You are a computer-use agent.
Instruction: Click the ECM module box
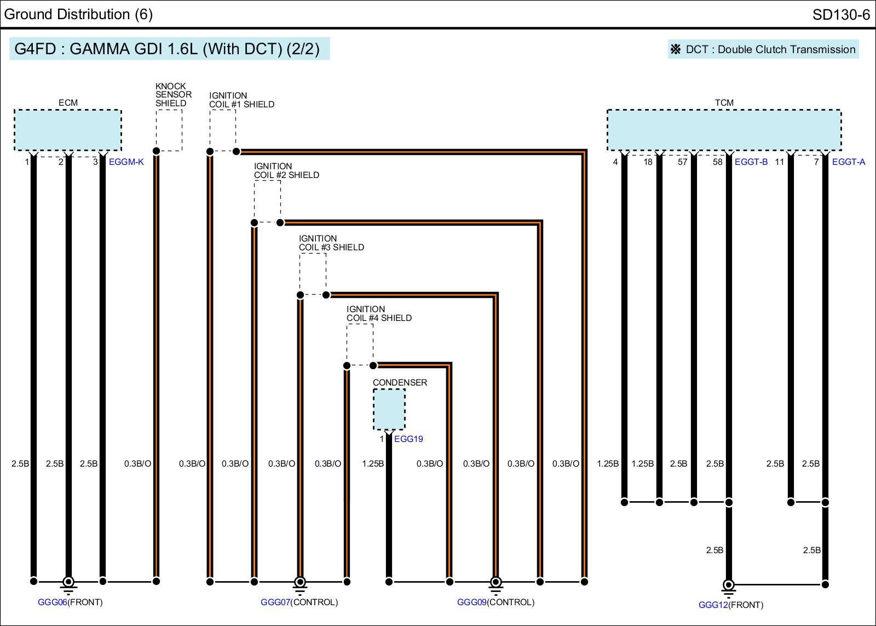tap(67, 130)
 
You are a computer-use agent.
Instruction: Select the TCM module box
tap(724, 130)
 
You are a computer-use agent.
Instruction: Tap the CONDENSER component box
tap(389, 409)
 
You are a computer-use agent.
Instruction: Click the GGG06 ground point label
tap(53, 602)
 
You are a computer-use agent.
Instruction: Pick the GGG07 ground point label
tap(275, 602)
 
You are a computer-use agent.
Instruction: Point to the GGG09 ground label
tap(472, 602)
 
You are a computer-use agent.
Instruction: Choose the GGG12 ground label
tap(713, 605)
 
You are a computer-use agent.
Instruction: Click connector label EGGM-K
tap(126, 162)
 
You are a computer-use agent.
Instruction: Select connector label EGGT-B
tap(751, 162)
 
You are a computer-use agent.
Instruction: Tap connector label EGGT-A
tap(849, 162)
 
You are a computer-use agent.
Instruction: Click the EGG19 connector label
tap(408, 439)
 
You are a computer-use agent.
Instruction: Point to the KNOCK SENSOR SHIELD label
tap(173, 95)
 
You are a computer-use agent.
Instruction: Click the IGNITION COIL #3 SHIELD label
tap(331, 243)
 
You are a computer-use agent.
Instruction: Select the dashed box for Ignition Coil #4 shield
tap(360, 344)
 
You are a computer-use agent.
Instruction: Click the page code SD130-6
tap(841, 15)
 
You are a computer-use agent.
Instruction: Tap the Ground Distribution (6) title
tap(78, 14)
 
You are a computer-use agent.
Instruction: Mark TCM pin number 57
tap(682, 162)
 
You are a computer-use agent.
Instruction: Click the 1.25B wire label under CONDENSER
tap(373, 464)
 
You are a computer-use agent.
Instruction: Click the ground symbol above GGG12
tap(728, 587)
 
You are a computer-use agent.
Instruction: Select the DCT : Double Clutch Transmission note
tap(764, 49)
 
